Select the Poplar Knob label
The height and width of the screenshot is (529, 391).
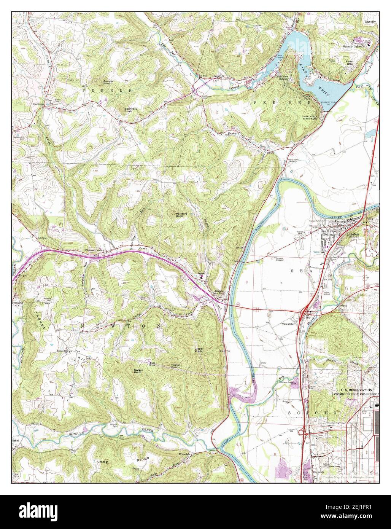pos(175,366)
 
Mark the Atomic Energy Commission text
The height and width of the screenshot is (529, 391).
pos(356,394)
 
